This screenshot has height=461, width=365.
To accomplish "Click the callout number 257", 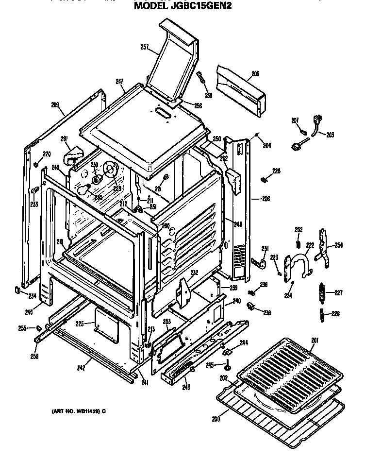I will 144,47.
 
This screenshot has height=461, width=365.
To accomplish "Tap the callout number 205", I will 255,74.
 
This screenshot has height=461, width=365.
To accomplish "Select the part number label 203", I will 330,135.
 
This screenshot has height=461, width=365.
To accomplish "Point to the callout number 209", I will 55,104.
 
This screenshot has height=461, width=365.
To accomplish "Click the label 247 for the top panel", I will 119,82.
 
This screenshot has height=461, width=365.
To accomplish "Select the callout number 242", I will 81,368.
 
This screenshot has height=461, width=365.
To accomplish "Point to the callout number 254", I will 338,245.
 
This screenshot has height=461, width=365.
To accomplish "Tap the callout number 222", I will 310,245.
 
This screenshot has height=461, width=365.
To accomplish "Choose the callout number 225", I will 80,324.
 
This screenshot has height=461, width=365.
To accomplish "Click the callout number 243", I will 186,387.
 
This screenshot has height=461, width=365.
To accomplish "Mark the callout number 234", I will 32,296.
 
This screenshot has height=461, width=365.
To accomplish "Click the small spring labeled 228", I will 265,180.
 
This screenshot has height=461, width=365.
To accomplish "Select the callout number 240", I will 236,301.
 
